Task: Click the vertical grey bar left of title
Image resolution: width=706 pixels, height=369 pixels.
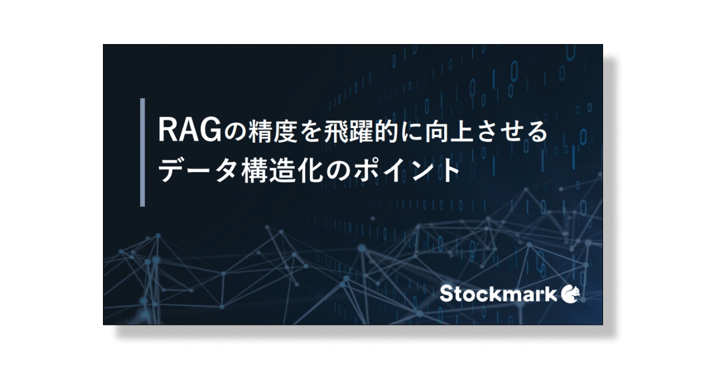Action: (x=143, y=152)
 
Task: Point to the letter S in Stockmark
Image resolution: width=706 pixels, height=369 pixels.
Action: (x=447, y=294)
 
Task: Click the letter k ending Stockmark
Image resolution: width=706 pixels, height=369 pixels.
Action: (x=550, y=294)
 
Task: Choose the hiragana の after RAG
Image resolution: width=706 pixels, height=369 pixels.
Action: (x=224, y=130)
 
